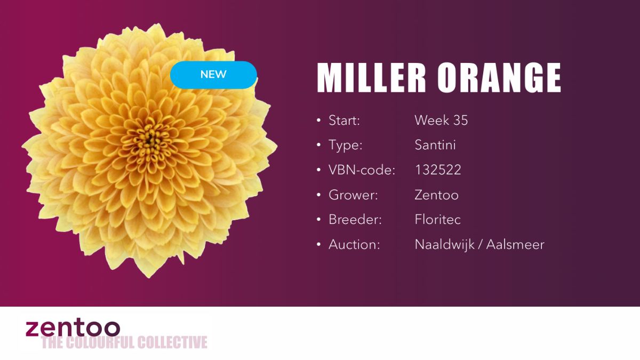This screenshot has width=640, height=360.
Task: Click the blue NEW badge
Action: [x=213, y=75]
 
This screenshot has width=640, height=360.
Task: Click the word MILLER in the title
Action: [x=371, y=78]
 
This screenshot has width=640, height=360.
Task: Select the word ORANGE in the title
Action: [x=499, y=78]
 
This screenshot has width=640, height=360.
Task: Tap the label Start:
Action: [x=344, y=121]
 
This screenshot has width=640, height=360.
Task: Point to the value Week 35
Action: [x=441, y=121]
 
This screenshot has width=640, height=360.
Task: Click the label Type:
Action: [x=345, y=145]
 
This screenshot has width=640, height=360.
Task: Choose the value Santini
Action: [x=435, y=145]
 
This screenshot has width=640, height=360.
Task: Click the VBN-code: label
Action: [x=362, y=170]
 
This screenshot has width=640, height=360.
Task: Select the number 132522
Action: [x=438, y=170]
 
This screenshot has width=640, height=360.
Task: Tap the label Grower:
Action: [x=353, y=195]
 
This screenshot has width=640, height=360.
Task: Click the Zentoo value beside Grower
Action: [x=437, y=195]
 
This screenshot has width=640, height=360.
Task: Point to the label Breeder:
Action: [x=355, y=220]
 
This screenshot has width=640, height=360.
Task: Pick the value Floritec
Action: [x=438, y=220]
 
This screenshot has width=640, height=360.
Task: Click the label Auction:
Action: [x=354, y=245]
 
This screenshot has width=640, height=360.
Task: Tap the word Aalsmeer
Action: [x=515, y=245]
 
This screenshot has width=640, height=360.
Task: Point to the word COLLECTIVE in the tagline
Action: [x=172, y=342]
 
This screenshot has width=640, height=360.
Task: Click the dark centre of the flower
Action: [x=149, y=140]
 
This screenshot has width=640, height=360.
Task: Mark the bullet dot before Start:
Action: [x=319, y=121]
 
